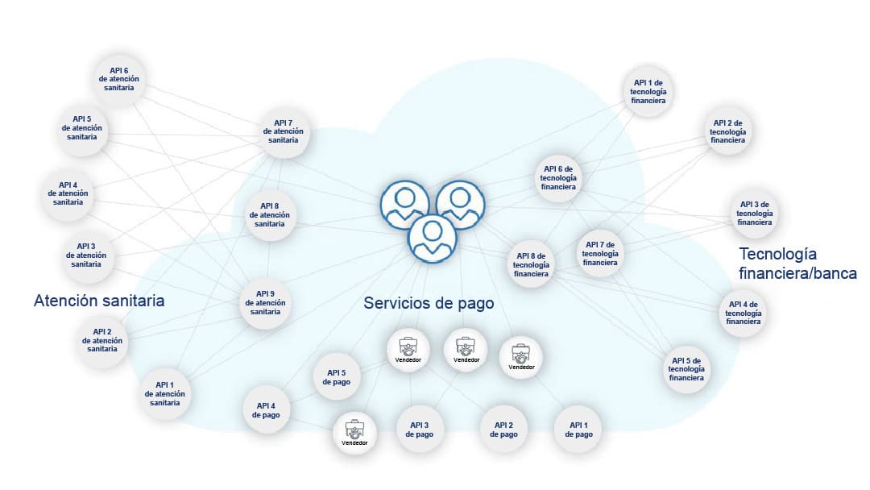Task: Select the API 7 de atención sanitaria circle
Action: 284,131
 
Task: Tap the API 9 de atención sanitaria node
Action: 266,303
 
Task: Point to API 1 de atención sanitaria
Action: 165,393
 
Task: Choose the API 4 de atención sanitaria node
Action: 68,193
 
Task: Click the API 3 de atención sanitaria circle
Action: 86,255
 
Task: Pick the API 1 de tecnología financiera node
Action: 648,92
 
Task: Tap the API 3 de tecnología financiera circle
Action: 755,212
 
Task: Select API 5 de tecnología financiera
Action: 686,368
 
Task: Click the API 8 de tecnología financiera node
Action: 532,264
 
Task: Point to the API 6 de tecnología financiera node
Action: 558,177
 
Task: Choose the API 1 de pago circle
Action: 578,430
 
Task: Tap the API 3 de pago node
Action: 420,430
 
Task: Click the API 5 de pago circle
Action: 337,376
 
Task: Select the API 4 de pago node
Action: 267,410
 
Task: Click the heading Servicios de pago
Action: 429,303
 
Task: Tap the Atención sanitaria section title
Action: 99,301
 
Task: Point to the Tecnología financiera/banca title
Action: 797,263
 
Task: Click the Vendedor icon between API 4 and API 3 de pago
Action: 354,433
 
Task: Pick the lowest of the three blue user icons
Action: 433,239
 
